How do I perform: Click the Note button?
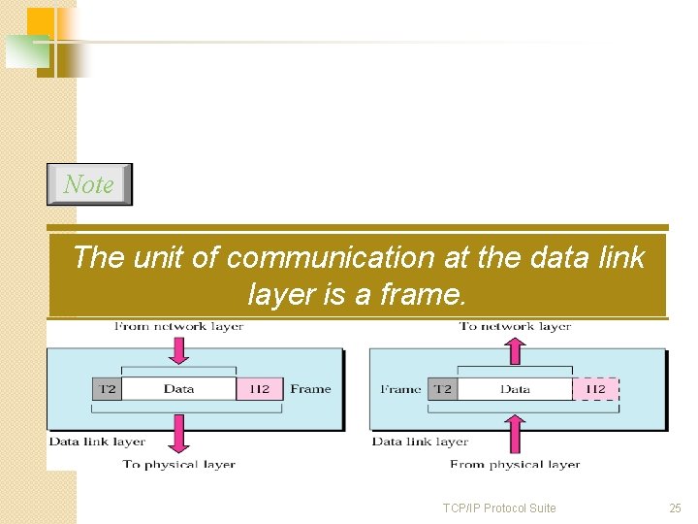coord(89,184)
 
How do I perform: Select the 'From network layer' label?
coord(178,326)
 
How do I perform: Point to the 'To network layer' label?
coord(515,326)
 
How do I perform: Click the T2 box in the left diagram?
coord(107,389)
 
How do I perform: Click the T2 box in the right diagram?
coord(442,389)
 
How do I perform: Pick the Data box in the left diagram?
coord(178,389)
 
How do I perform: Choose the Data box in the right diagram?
coord(515,389)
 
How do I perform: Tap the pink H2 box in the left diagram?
coord(259,389)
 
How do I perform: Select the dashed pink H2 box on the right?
coord(595,389)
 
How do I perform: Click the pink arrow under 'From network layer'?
coord(178,347)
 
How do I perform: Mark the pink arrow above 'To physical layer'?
coord(178,434)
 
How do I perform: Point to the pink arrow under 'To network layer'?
coord(515,347)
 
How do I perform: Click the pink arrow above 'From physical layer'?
coord(515,433)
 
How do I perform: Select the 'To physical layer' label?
coord(178,465)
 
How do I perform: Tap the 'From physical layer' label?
coord(515,465)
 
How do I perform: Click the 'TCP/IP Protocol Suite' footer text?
coord(499,508)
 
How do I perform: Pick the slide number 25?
coord(675,508)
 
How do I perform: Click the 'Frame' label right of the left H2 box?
coord(310,389)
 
